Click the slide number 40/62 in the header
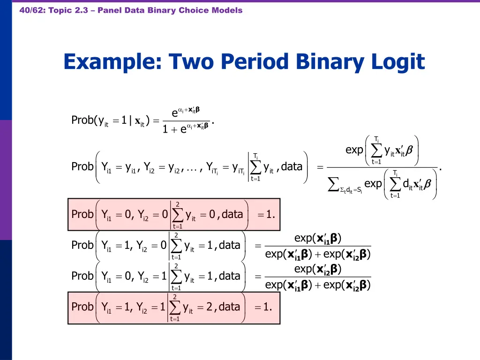click(x=31, y=10)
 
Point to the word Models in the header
click(x=227, y=10)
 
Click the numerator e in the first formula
click(x=174, y=112)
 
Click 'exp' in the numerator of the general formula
click(x=354, y=150)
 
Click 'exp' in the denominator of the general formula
click(x=373, y=184)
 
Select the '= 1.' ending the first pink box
click(x=266, y=215)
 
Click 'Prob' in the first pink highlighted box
click(x=82, y=214)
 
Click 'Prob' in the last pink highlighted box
click(x=82, y=307)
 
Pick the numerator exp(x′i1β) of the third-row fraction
click(x=318, y=239)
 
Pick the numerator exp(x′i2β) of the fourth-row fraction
click(x=318, y=270)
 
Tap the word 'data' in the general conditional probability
click(x=292, y=166)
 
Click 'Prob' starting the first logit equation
click(x=83, y=120)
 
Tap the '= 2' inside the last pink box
click(x=206, y=307)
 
